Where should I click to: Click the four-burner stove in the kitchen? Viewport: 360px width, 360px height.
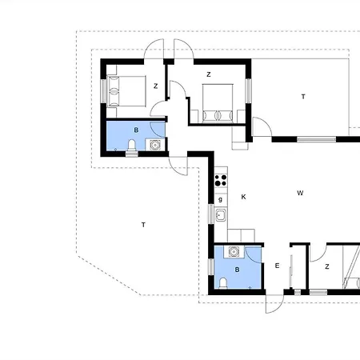[221, 180]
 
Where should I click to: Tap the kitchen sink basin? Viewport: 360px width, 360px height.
[221, 215]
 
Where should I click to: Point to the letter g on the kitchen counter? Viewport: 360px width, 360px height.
[220, 199]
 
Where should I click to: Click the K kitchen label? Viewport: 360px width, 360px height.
[243, 197]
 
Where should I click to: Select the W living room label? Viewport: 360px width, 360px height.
[300, 193]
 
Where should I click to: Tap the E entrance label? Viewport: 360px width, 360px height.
[277, 266]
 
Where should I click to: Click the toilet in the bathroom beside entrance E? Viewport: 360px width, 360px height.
[223, 283]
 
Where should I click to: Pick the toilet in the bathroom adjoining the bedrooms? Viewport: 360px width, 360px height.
[132, 146]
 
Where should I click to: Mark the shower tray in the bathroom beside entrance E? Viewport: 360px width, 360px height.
[234, 252]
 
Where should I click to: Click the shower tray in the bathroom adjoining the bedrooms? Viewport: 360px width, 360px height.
[155, 145]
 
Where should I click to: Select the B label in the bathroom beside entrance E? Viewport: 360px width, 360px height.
[237, 270]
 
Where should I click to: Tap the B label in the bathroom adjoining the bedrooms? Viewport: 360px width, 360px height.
[136, 130]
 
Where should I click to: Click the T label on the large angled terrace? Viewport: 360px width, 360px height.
[143, 225]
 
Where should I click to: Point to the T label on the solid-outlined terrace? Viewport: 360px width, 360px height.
[303, 97]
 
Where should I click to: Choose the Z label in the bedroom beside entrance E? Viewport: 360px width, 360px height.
[327, 266]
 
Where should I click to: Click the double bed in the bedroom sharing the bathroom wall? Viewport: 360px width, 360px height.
[126, 91]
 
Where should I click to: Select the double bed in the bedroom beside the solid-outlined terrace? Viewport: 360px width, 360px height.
[218, 103]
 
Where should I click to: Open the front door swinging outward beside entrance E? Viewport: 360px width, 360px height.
[274, 304]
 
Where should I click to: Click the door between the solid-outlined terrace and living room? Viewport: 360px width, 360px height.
[262, 126]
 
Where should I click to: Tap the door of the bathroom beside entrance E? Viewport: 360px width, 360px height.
[254, 254]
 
